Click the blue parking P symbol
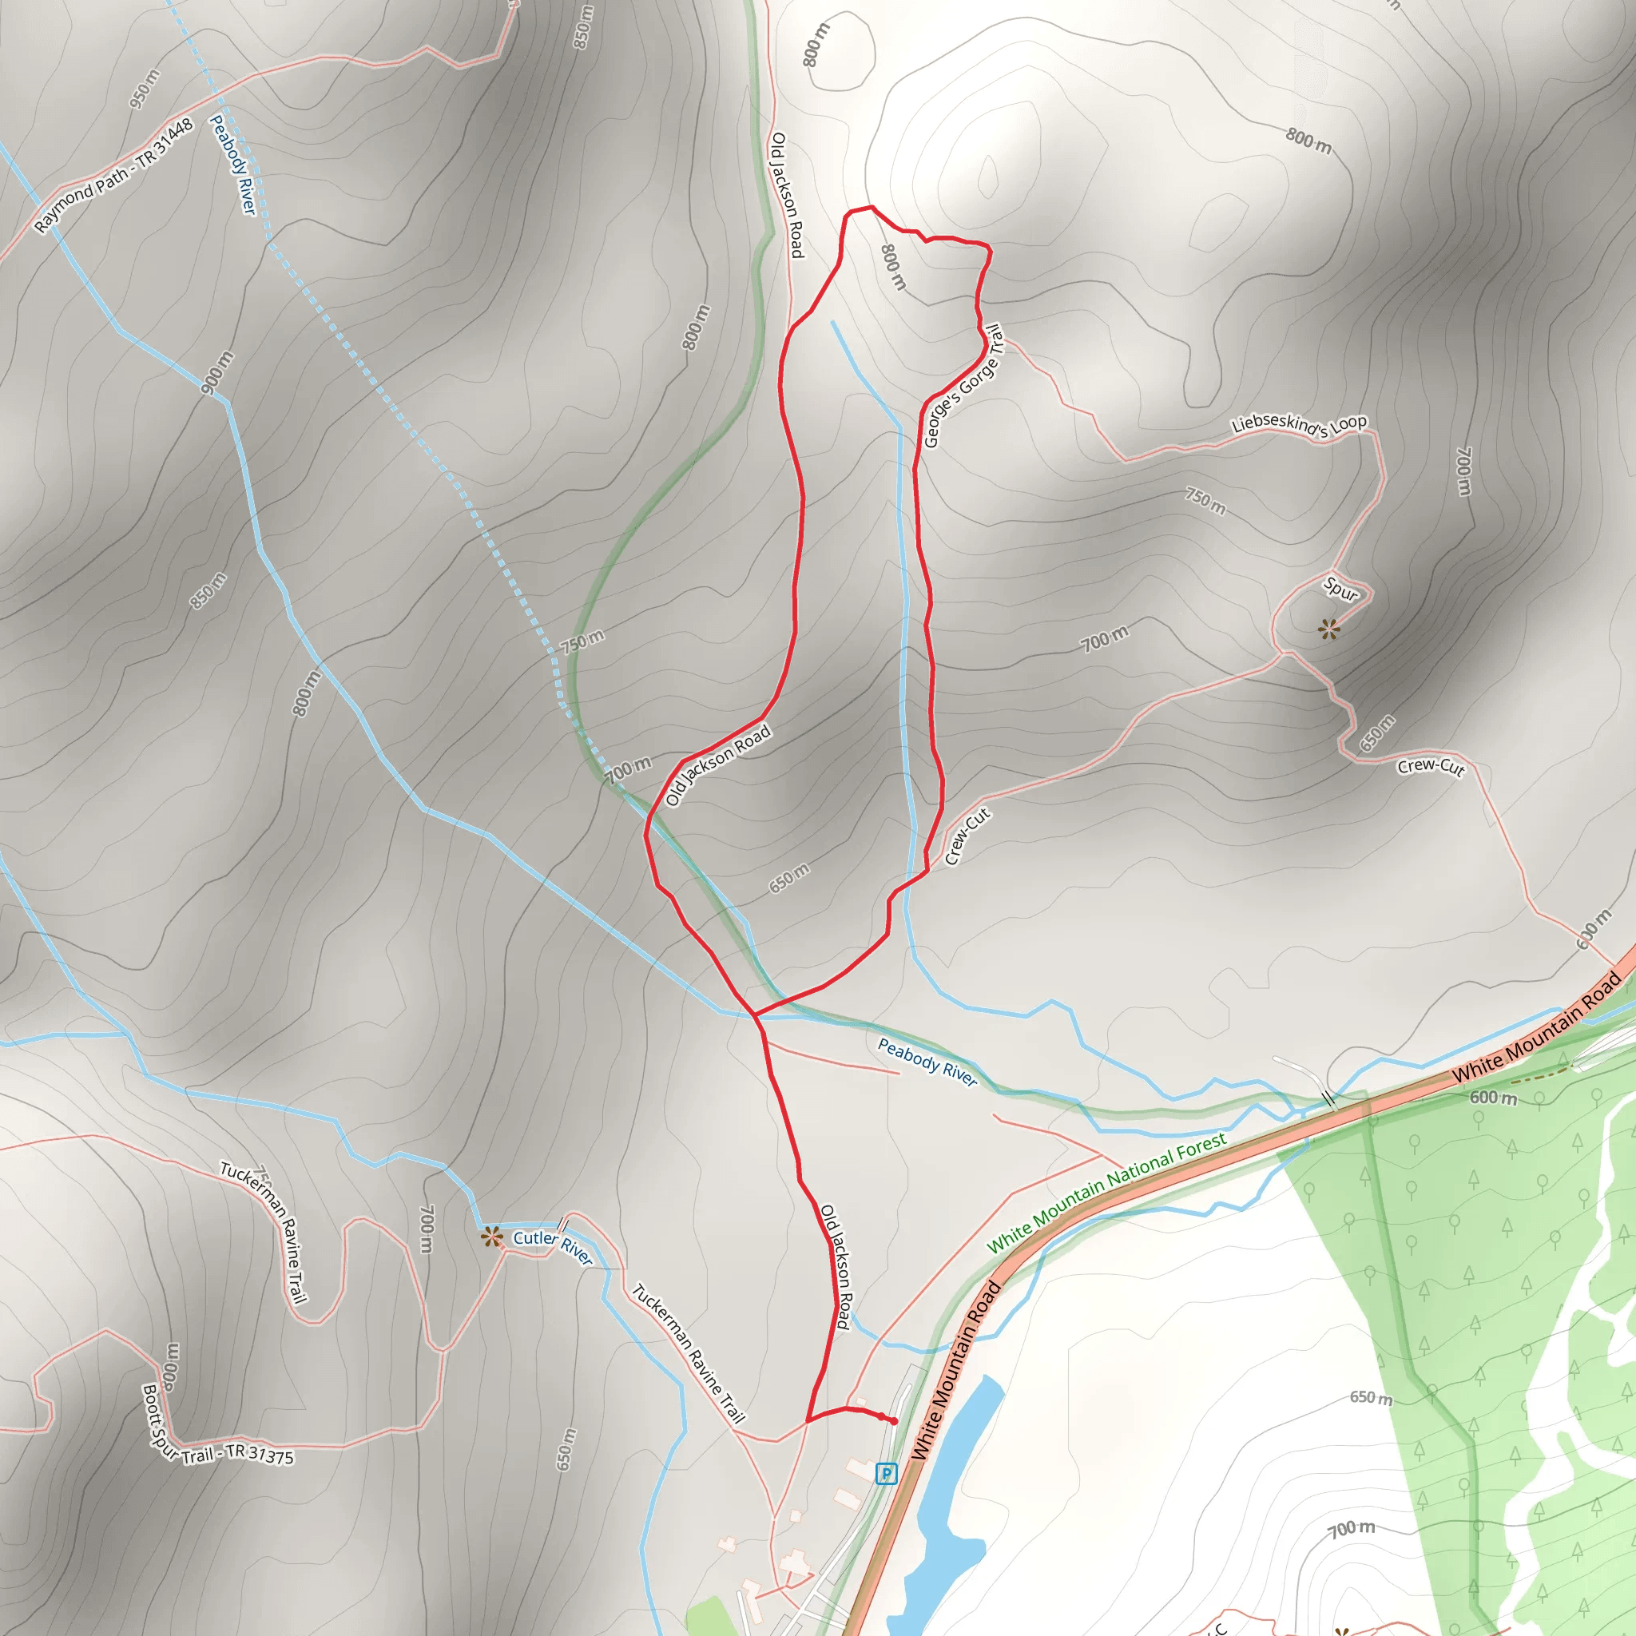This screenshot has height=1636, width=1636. [886, 1473]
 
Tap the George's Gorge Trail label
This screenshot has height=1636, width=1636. [963, 386]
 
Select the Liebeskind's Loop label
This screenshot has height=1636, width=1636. [1298, 424]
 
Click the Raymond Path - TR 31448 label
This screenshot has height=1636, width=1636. [114, 175]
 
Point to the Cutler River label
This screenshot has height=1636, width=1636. [552, 1246]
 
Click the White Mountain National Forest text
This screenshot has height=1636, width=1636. [1106, 1193]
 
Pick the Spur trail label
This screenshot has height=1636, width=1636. [1340, 588]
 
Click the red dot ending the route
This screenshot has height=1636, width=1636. [893, 1421]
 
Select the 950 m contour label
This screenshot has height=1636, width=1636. [144, 89]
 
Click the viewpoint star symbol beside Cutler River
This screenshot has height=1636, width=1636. [491, 1237]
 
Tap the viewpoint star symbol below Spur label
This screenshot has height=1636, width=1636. [1328, 629]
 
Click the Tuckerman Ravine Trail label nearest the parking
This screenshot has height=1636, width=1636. [688, 1352]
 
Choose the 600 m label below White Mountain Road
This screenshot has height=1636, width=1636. [1493, 1098]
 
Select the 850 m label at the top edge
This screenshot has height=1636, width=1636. [582, 27]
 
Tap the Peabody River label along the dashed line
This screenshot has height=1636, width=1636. [233, 165]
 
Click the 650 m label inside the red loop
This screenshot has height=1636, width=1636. [789, 878]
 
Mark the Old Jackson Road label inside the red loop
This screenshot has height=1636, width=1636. [718, 765]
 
